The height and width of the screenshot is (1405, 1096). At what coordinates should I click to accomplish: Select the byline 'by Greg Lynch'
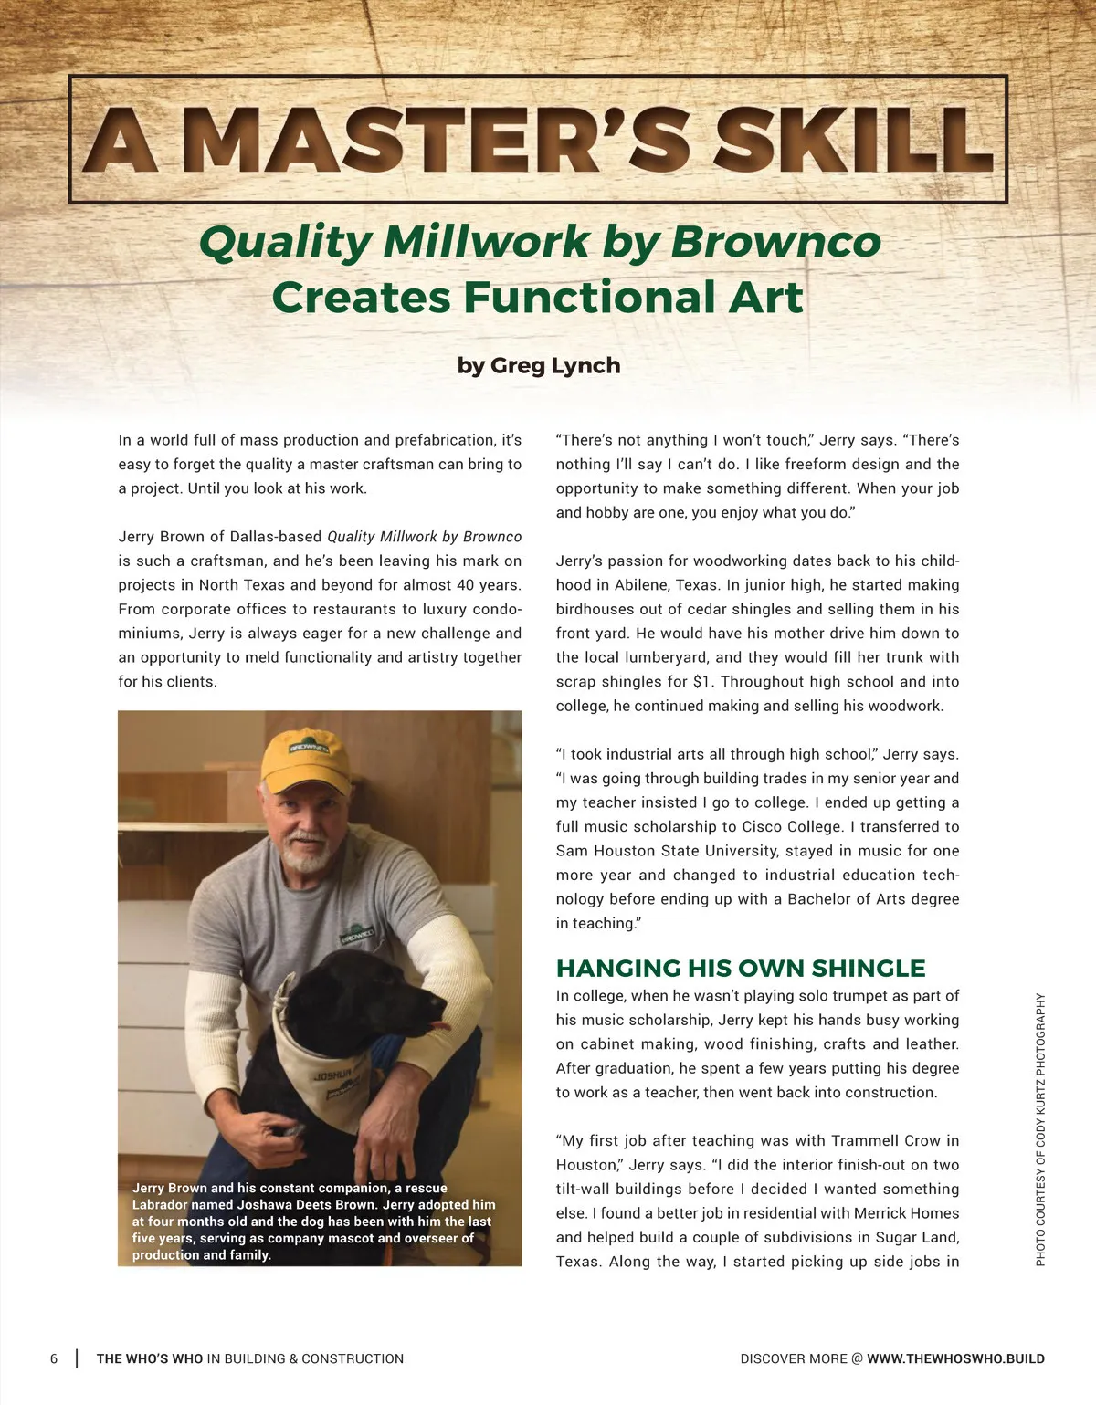(x=539, y=365)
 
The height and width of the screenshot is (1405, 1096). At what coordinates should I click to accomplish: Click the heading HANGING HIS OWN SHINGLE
(x=741, y=968)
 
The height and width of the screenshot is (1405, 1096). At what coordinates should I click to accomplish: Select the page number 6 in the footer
(x=54, y=1358)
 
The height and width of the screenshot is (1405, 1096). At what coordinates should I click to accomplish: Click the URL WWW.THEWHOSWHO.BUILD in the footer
(x=955, y=1358)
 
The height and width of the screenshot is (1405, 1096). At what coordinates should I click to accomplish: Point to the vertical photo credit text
(x=1040, y=1129)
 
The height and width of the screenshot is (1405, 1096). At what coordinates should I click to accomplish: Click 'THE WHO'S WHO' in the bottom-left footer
(x=150, y=1358)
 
